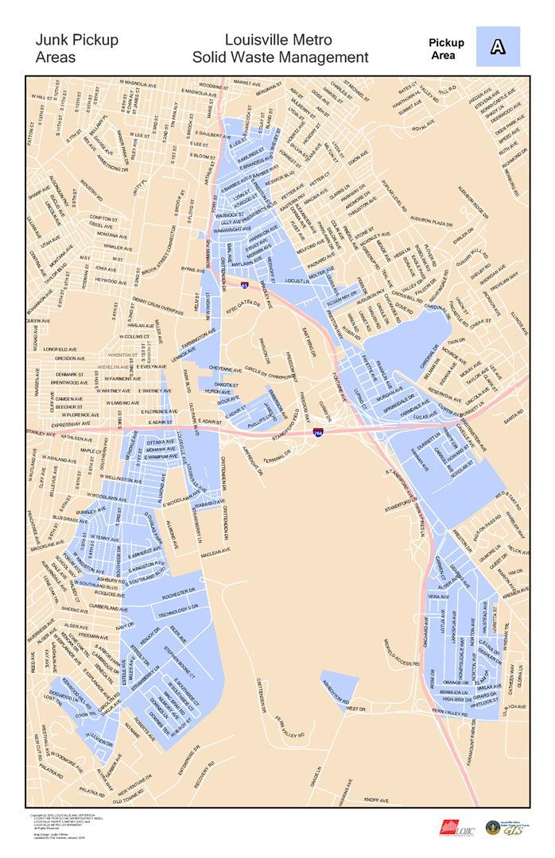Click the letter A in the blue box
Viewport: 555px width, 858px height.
click(x=498, y=47)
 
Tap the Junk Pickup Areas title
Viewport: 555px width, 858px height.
click(x=76, y=48)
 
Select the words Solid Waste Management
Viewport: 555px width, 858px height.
click(x=280, y=57)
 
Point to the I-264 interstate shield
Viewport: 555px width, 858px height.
click(x=318, y=433)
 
